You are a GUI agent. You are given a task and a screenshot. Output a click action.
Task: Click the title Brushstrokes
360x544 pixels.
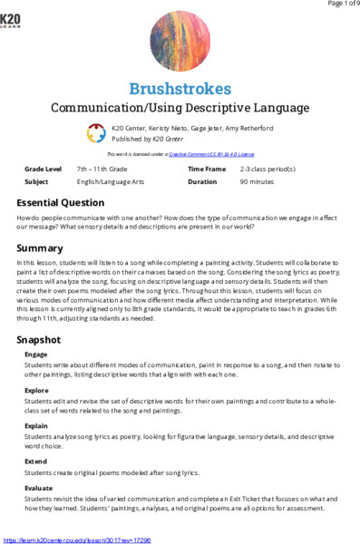pyautogui.click(x=180, y=89)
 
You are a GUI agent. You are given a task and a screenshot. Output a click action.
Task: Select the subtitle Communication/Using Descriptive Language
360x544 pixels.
pyautogui.click(x=180, y=109)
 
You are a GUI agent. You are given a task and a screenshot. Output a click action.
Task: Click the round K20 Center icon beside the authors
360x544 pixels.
pyautogui.click(x=97, y=133)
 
